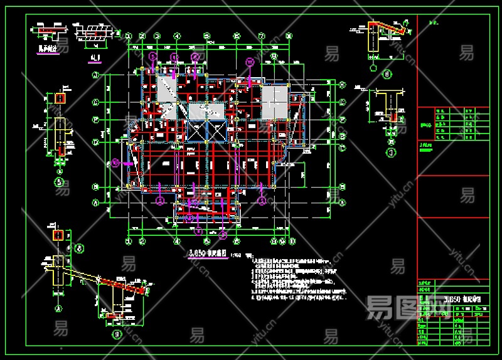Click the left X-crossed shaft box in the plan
[x=197, y=133]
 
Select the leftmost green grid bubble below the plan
[x=129, y=240]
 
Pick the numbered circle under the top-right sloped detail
[x=387, y=75]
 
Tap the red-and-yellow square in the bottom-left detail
[x=58, y=236]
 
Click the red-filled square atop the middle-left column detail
[x=60, y=98]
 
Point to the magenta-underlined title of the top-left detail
[x=47, y=49]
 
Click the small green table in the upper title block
[x=453, y=124]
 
